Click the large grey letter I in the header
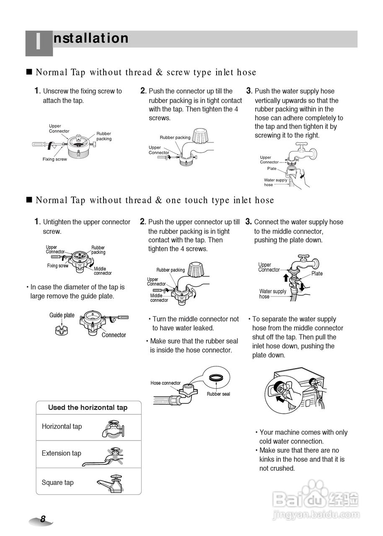tap(39, 43)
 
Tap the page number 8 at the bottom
tap(43, 519)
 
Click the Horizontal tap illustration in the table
tap(112, 428)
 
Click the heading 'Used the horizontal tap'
tap(88, 407)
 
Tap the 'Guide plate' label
tap(62, 315)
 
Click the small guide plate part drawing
tap(62, 330)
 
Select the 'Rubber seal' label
tap(218, 394)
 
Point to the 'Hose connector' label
tap(166, 383)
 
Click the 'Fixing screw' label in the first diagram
tap(54, 159)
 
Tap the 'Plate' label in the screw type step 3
tap(272, 168)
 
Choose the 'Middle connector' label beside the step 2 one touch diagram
tap(159, 298)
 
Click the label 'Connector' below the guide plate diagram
tap(114, 335)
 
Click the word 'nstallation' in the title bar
tap(91, 38)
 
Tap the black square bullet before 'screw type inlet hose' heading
tap(29, 72)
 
